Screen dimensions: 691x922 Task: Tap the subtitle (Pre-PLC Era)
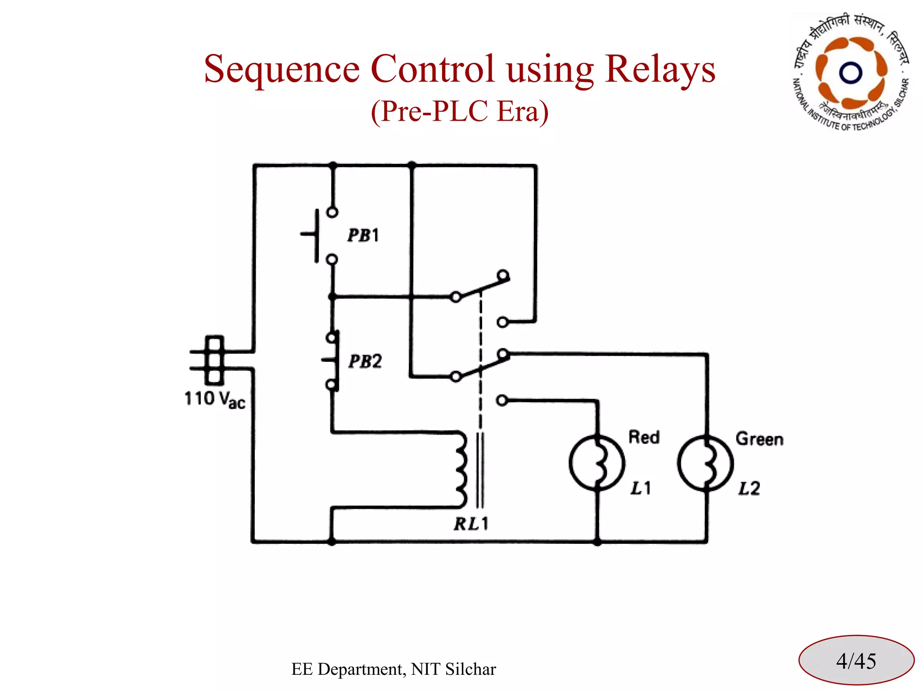coord(460,111)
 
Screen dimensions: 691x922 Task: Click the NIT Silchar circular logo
coord(850,72)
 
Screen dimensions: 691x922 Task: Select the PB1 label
coord(363,235)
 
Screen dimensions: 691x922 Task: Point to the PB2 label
coord(365,361)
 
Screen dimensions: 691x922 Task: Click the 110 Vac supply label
coord(215,399)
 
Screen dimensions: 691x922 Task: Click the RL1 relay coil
coord(461,470)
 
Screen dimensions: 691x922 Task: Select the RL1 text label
coord(471,524)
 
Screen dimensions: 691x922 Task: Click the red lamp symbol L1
coord(597,462)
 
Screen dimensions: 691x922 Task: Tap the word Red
coord(644,437)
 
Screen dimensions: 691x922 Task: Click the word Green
coord(759,439)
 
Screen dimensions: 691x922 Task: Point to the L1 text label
coord(640,488)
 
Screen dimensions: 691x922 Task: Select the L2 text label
coord(749,489)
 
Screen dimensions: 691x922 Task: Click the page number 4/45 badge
coord(856,661)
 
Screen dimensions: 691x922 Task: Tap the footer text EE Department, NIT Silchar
coord(393,669)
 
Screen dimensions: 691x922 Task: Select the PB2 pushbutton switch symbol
coord(332,361)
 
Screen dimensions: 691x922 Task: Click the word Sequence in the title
coord(282,70)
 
